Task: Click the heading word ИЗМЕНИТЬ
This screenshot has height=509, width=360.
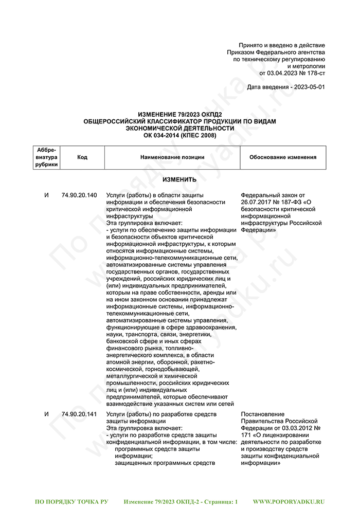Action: click(x=179, y=180)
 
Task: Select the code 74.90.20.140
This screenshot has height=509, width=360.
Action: click(x=79, y=195)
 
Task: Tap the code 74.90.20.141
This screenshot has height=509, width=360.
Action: click(x=79, y=414)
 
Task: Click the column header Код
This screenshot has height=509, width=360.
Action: click(x=82, y=157)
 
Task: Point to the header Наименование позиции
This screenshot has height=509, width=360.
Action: click(x=172, y=157)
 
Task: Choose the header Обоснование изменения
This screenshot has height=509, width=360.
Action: click(x=283, y=157)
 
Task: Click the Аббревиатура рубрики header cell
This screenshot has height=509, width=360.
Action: click(x=47, y=157)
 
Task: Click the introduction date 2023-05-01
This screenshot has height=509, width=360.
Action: click(x=308, y=87)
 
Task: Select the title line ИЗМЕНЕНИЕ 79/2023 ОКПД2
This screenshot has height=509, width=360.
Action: click(x=179, y=115)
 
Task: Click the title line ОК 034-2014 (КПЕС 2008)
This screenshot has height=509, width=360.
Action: click(x=179, y=135)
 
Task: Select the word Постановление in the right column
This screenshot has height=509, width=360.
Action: click(x=262, y=414)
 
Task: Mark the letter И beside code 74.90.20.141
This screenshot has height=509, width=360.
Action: click(x=47, y=414)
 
